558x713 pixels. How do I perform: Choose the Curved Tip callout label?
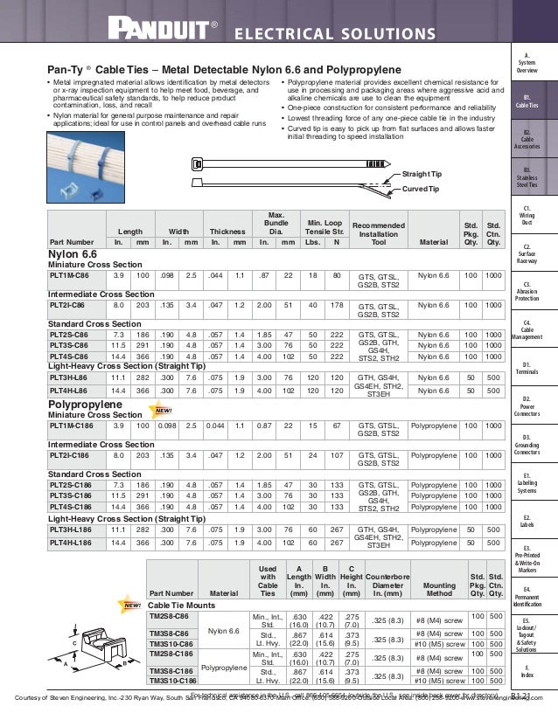pyautogui.click(x=420, y=189)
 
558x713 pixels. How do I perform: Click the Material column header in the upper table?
pyautogui.click(x=433, y=242)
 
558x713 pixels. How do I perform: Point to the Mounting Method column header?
pyautogui.click(x=438, y=592)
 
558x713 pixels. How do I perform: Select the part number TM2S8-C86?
pyautogui.click(x=170, y=616)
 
